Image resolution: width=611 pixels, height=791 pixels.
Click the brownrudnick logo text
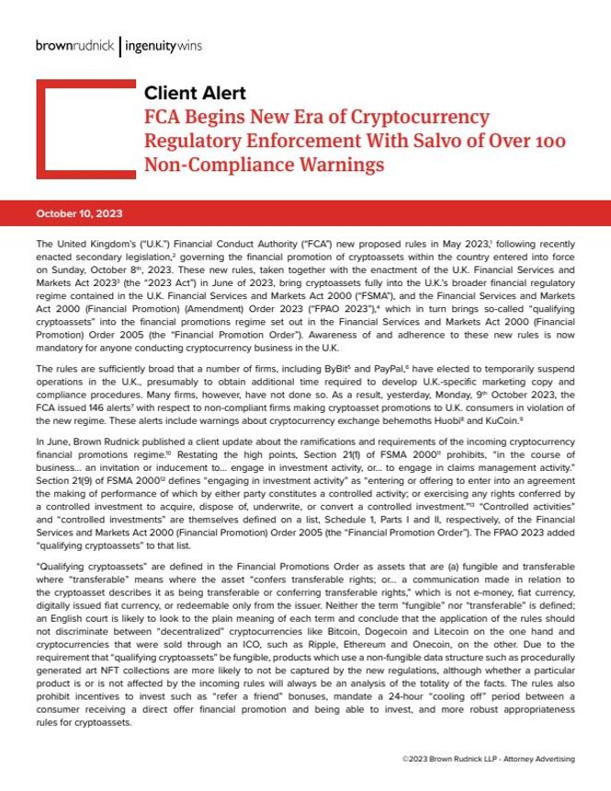pyautogui.click(x=76, y=43)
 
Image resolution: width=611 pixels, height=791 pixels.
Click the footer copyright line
pyautogui.click(x=488, y=759)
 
